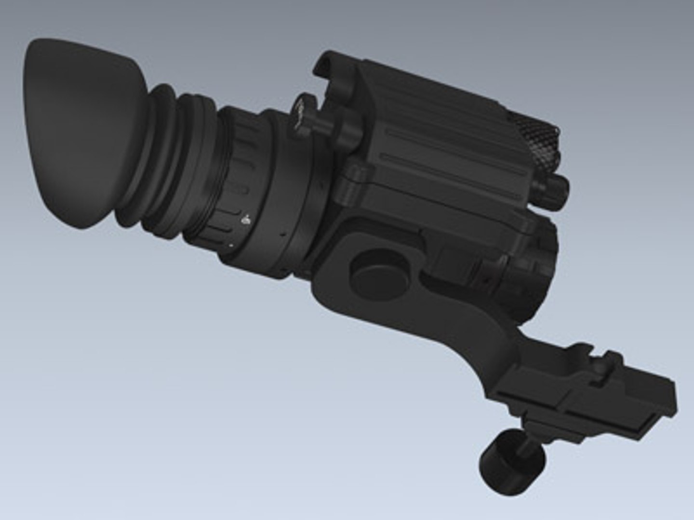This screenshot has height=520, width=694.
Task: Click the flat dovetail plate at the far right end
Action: (x=627, y=400)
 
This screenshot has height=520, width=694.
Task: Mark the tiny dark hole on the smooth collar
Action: (x=281, y=234)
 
